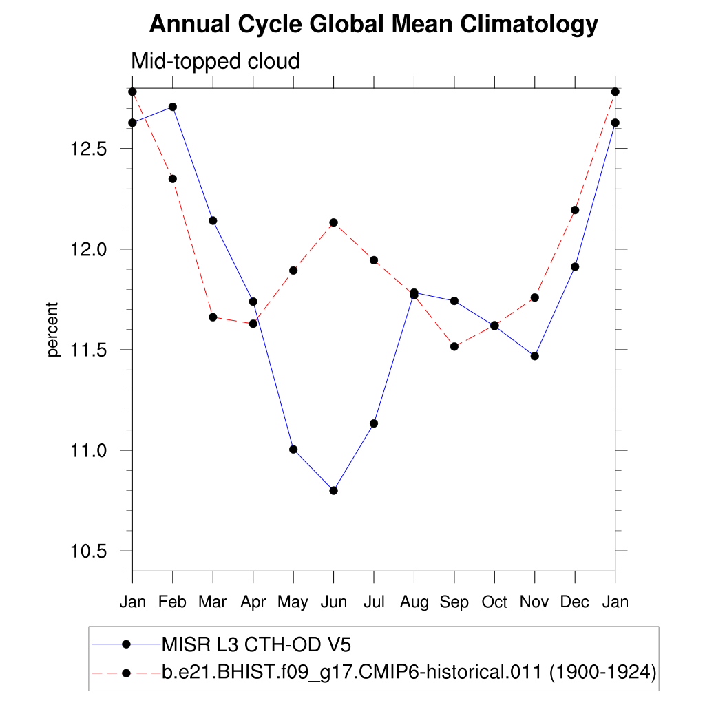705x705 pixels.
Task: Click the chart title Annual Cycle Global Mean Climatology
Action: [373, 25]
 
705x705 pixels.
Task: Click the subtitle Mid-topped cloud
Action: [215, 61]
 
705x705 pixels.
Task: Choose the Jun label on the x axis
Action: [333, 602]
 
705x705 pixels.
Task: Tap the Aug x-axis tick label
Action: [414, 602]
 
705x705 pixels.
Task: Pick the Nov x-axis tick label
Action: [534, 602]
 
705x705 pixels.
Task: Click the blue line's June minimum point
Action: [334, 490]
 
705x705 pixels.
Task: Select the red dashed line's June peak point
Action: [334, 222]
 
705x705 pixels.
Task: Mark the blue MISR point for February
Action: [173, 107]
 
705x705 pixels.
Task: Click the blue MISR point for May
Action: [293, 449]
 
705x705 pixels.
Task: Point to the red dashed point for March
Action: [213, 317]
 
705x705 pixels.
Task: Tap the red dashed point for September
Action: [454, 346]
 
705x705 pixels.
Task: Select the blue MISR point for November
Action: [535, 356]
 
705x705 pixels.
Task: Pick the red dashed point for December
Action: [575, 210]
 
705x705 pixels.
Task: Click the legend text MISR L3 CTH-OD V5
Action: [256, 644]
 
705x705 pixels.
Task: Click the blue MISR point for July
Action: [374, 423]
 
